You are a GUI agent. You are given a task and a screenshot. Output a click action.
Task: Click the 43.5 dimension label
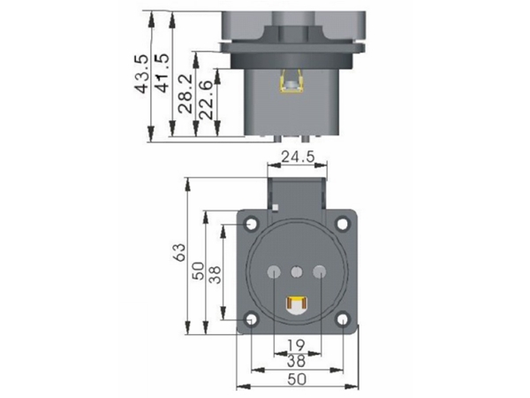point(141,73)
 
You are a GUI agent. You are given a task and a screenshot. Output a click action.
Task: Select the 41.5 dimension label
point(162,73)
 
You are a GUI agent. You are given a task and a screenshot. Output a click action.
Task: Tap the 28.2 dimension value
point(185,94)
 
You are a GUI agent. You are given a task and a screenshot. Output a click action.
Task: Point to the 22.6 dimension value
point(206,100)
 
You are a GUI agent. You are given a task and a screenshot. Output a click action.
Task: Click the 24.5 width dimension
point(298,157)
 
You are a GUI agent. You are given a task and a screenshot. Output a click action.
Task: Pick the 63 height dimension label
point(179,252)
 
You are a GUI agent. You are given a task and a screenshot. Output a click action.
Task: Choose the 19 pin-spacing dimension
point(296,346)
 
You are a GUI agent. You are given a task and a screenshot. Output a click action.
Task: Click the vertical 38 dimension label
point(215,274)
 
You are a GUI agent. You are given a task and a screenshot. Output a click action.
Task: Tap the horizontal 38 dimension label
point(296,361)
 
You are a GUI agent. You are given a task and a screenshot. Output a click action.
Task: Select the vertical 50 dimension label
point(199,271)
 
